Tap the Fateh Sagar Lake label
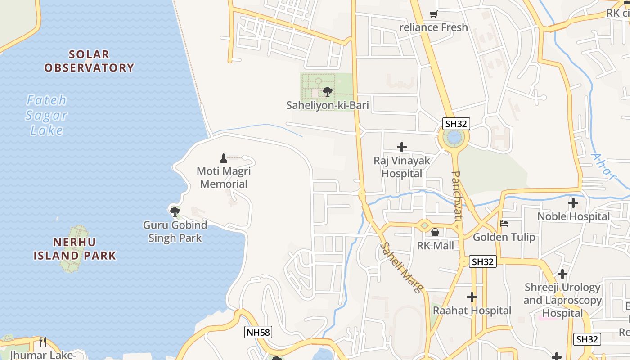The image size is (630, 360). tap(46, 115)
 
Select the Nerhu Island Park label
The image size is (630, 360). tap(75, 249)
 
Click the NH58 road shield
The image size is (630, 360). tap(258, 333)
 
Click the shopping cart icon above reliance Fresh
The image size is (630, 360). tap(433, 14)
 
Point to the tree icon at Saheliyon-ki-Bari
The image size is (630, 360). tap(327, 92)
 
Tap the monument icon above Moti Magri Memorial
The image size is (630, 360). tap(224, 158)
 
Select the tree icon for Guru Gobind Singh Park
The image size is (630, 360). tap(175, 211)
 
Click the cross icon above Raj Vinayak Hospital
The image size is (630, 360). tap(401, 147)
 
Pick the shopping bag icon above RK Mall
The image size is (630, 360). tap(435, 232)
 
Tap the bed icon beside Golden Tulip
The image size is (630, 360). tap(504, 224)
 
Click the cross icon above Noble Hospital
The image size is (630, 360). tap(573, 203)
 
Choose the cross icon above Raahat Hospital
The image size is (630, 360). tap(472, 297)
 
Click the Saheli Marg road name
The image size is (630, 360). tap(402, 268)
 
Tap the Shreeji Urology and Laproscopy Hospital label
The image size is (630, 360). tap(562, 300)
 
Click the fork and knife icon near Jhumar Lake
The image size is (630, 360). tap(43, 342)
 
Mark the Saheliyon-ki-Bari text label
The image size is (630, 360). tap(328, 106)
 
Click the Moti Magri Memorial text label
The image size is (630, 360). tap(224, 178)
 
